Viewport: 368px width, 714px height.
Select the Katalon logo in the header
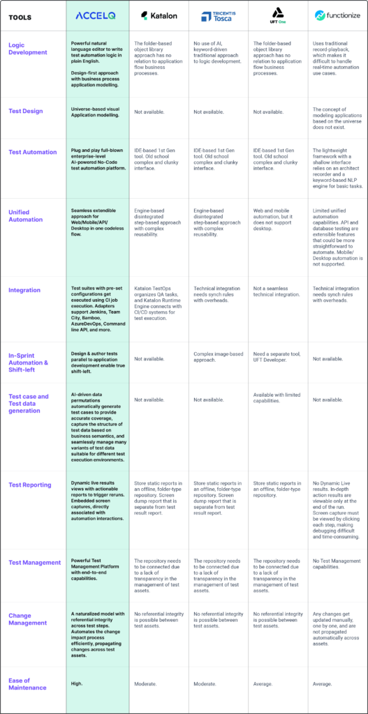point(158,15)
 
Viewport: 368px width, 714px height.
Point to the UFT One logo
point(277,15)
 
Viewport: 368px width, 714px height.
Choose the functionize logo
point(337,15)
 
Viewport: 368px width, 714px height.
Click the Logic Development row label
point(28,48)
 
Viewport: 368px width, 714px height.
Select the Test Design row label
point(25,111)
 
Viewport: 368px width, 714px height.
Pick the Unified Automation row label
point(26,215)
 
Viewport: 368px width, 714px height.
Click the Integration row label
point(24,290)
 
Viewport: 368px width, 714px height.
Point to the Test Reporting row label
point(29,485)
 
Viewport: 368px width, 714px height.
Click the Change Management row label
point(28,619)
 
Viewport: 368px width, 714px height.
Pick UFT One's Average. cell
point(265,684)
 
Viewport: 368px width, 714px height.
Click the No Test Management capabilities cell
point(337,564)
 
